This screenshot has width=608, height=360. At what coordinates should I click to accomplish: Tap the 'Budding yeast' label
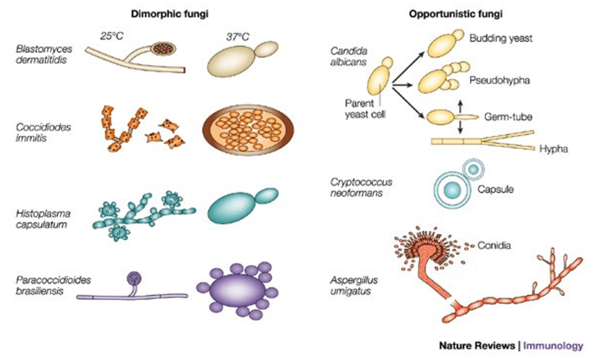click(x=500, y=39)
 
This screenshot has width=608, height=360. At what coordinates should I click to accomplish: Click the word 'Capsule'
click(x=495, y=190)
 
